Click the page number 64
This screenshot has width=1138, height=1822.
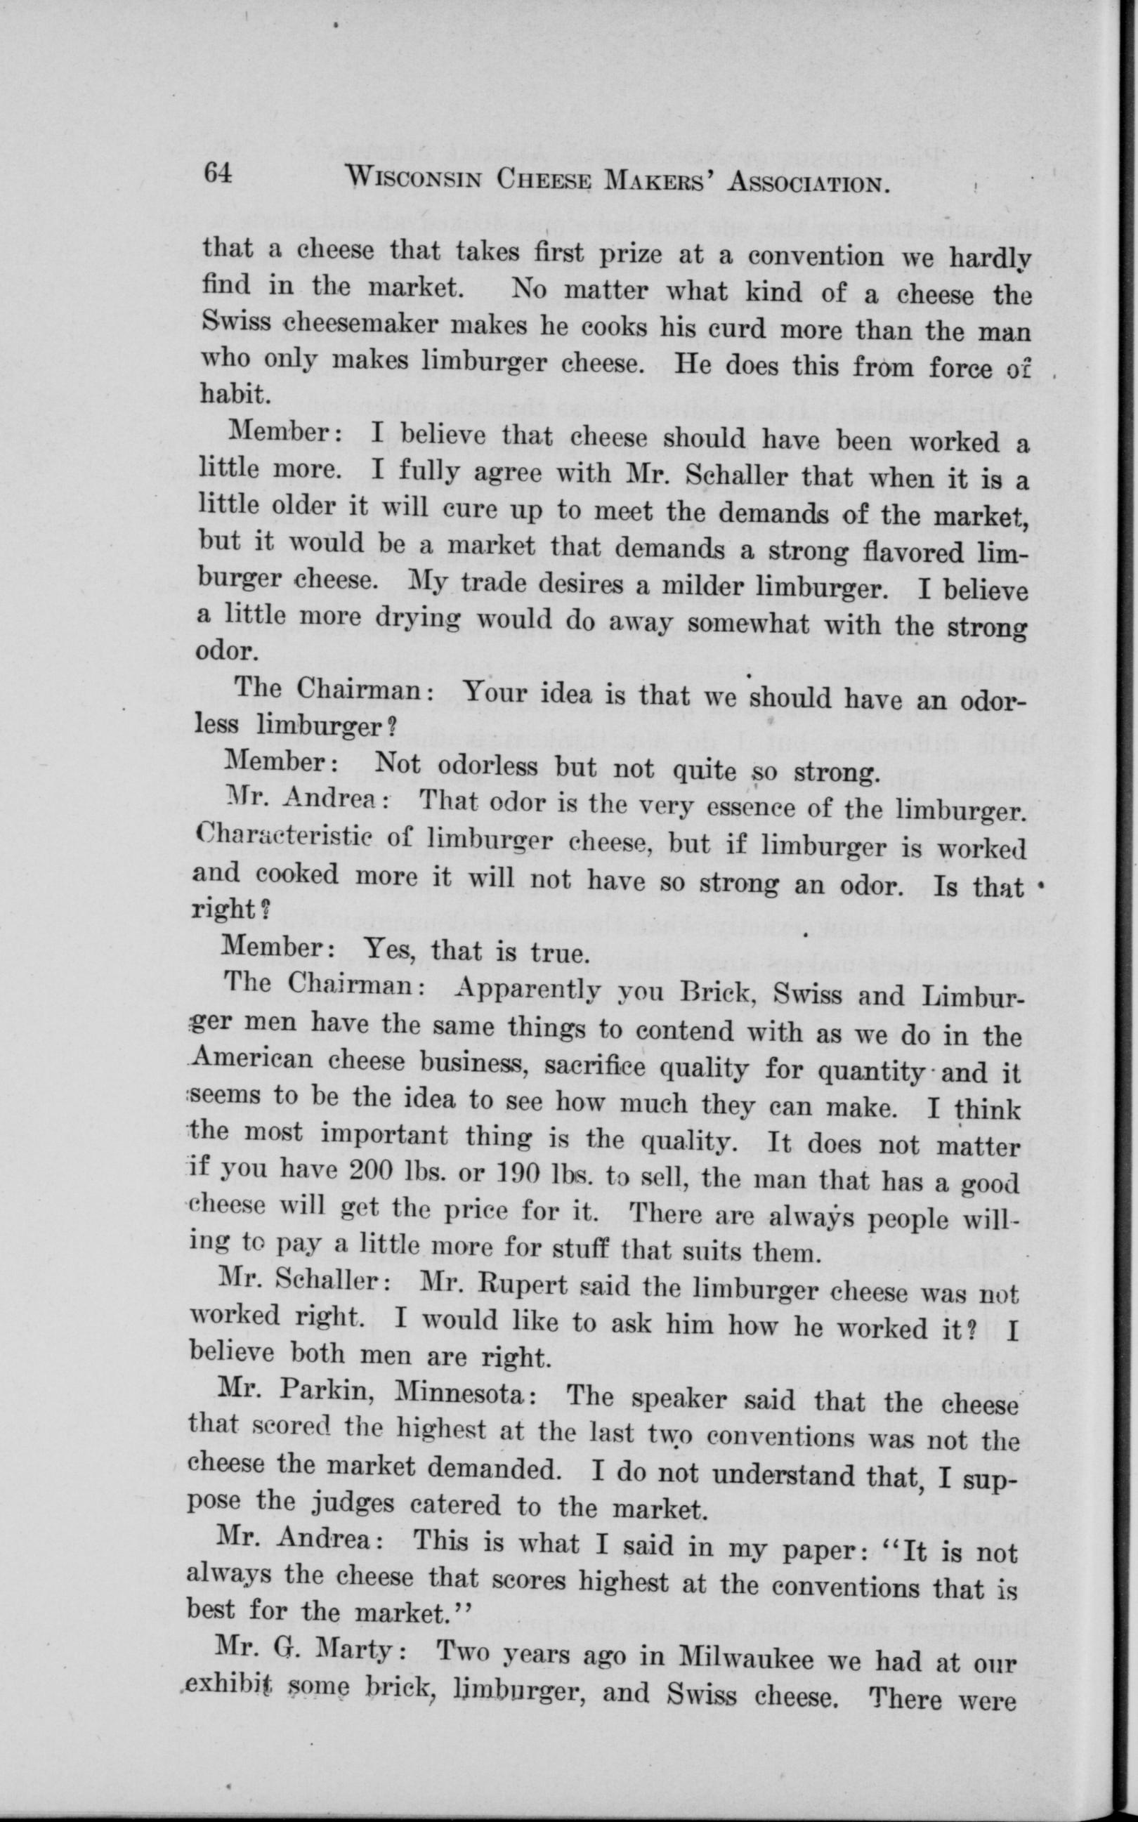(220, 175)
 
